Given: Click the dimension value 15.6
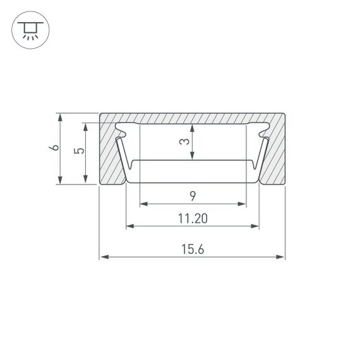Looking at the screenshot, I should [x=193, y=249].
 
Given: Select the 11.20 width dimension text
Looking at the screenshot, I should [x=193, y=219].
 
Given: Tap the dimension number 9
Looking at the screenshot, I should [x=192, y=196].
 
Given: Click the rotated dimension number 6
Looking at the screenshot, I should [x=54, y=148].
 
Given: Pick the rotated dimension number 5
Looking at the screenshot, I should [x=78, y=152].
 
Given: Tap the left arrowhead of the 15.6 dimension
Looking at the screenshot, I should [x=103, y=257].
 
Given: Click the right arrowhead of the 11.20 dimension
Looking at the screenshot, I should [x=256, y=226].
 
